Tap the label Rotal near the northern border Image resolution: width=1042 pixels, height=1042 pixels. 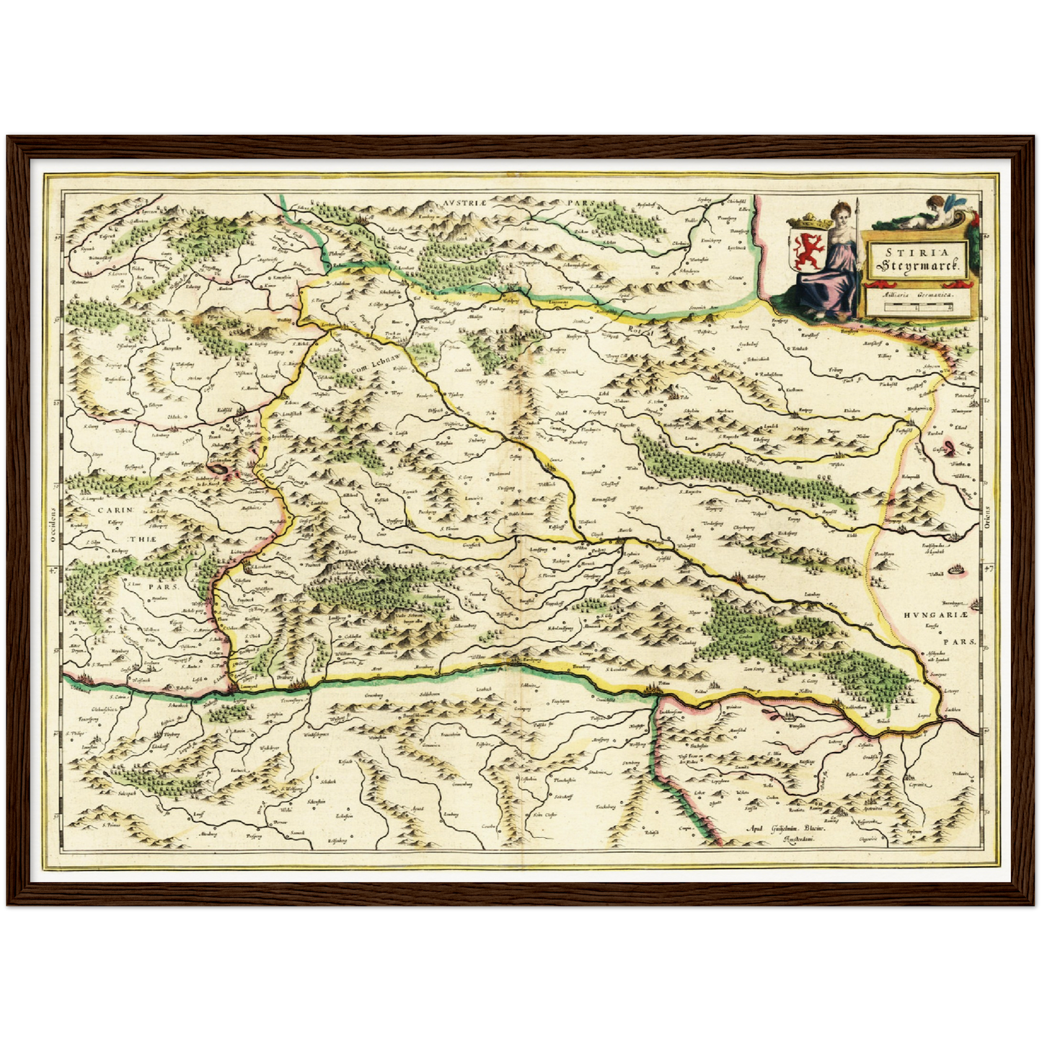(640, 331)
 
